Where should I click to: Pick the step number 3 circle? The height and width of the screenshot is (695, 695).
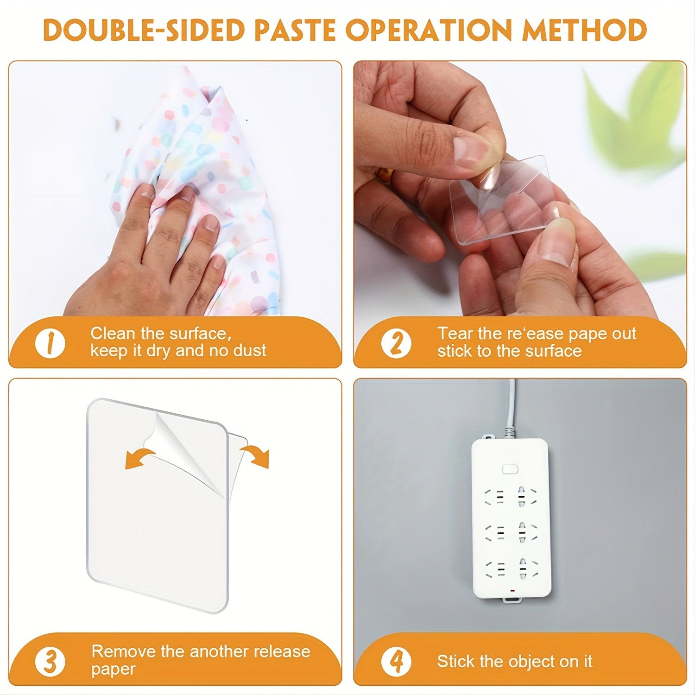pos(50,661)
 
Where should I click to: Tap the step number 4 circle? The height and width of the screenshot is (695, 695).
pos(396,661)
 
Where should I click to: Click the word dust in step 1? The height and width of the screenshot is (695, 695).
pos(249,351)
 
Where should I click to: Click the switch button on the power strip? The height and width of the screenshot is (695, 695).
pos(509,469)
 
